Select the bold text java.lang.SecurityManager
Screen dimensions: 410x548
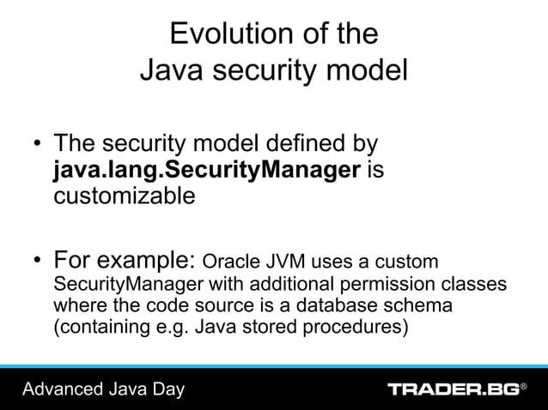[207, 170]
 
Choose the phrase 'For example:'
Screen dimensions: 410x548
[125, 259]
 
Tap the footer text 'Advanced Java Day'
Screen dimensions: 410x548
[103, 390]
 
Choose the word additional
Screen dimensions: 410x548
[312, 284]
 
